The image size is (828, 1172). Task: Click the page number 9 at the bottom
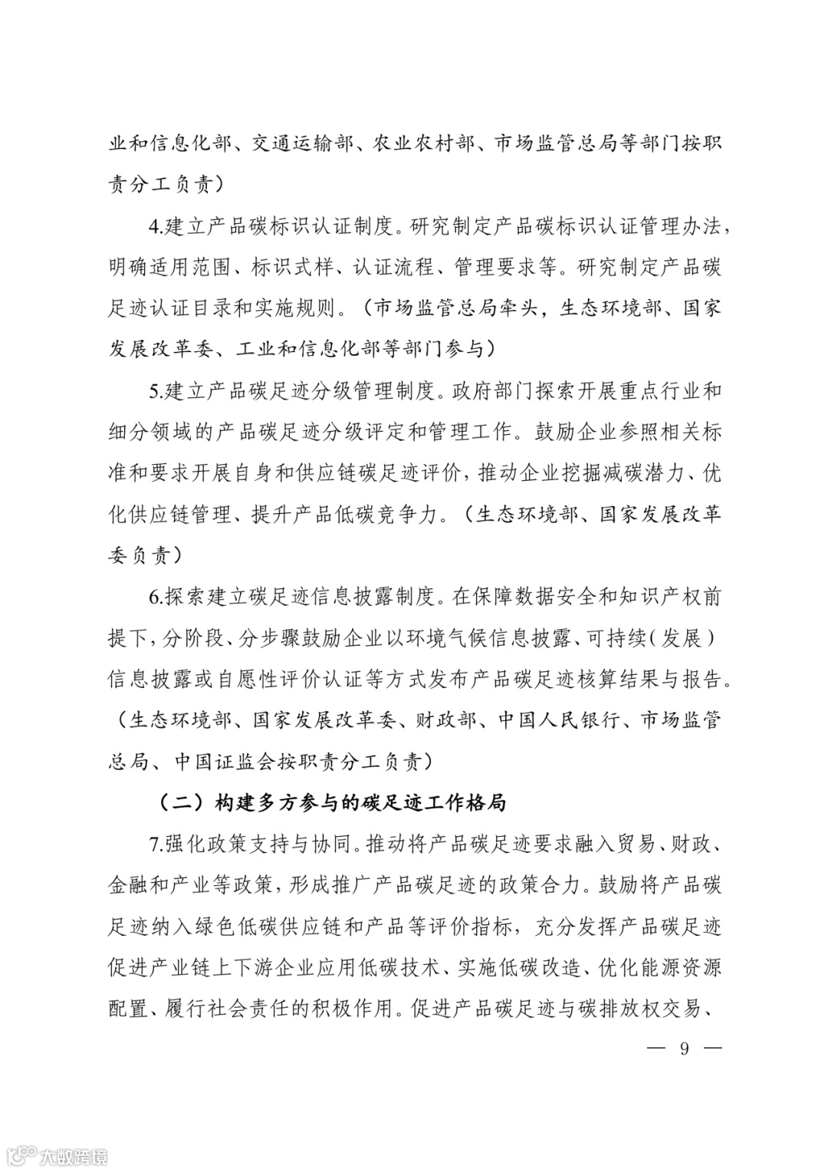pyautogui.click(x=684, y=1049)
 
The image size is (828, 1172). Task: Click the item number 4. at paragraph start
pyautogui.click(x=156, y=228)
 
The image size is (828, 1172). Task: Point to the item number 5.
pyautogui.click(x=156, y=391)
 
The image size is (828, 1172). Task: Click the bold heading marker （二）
pyautogui.click(x=172, y=803)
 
